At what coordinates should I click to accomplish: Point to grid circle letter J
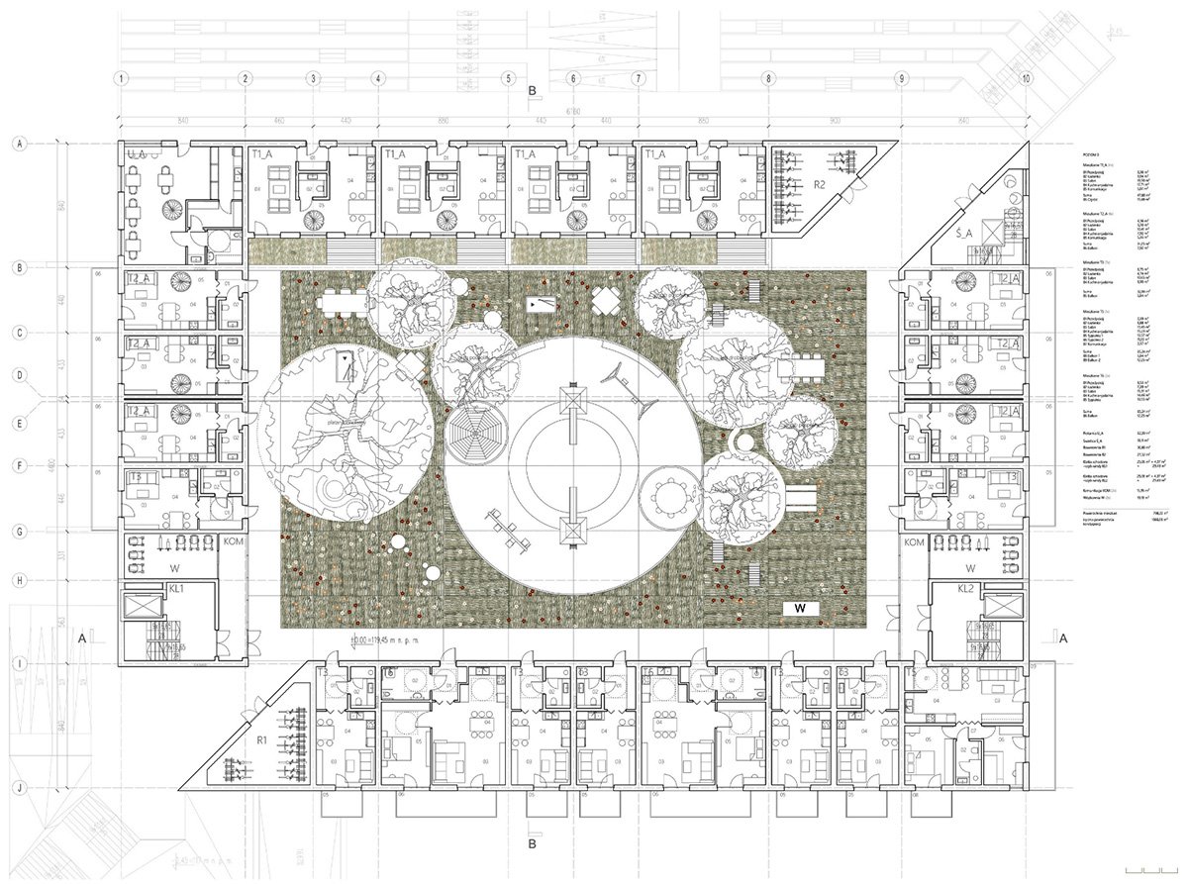[x=18, y=789]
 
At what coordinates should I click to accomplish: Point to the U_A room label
[x=137, y=153]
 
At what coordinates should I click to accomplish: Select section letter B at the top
[x=533, y=91]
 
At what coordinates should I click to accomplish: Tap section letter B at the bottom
[x=533, y=844]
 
